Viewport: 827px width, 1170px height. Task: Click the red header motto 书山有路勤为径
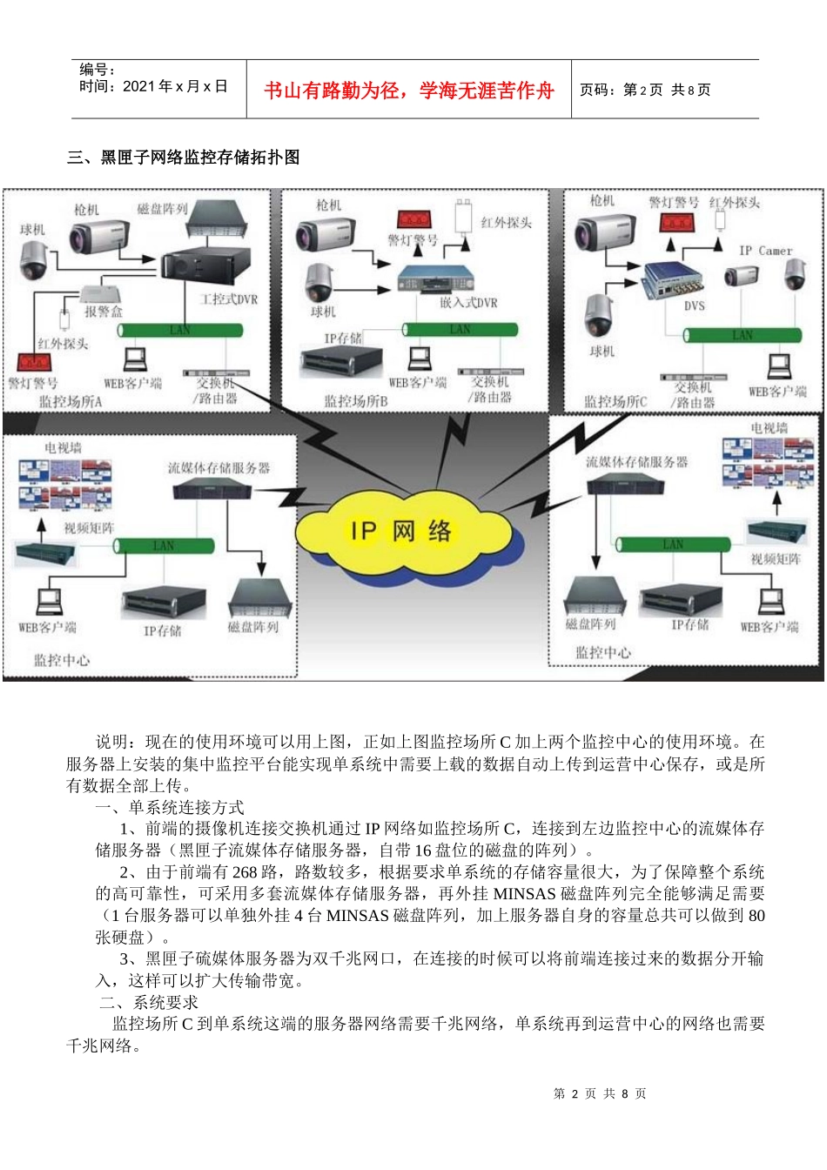click(x=409, y=91)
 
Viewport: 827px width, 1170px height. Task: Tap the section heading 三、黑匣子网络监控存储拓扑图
click(x=184, y=158)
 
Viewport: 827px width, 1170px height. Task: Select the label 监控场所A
click(x=71, y=401)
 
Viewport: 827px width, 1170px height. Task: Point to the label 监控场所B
click(x=356, y=401)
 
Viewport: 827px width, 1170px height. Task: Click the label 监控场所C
click(x=615, y=401)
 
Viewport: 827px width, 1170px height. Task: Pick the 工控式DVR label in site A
click(x=229, y=299)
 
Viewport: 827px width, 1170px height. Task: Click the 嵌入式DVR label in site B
click(x=469, y=303)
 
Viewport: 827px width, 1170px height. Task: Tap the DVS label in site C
click(x=694, y=306)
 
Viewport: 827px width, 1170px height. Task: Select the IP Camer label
click(x=766, y=251)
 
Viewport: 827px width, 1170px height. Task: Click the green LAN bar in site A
click(x=180, y=331)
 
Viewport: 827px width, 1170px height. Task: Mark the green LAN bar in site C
click(x=743, y=335)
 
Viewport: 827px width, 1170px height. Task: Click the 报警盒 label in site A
click(x=104, y=311)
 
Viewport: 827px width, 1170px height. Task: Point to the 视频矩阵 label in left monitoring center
click(x=89, y=528)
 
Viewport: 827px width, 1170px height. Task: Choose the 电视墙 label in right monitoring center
click(x=770, y=428)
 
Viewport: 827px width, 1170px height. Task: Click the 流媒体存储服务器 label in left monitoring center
click(x=219, y=468)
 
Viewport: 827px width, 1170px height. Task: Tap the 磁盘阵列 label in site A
click(x=163, y=209)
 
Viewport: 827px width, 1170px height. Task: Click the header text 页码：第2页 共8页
click(x=645, y=90)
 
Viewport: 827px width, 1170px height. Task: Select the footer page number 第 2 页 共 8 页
click(x=600, y=1093)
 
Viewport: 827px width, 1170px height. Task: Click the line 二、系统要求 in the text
click(x=150, y=1003)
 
